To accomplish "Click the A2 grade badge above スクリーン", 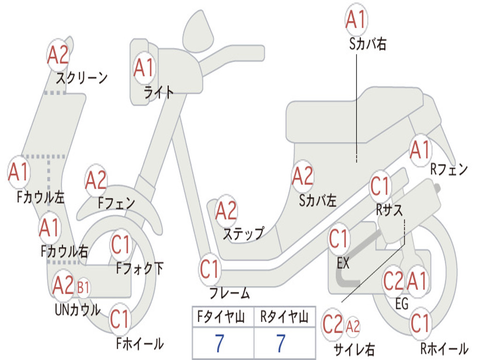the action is pyautogui.click(x=58, y=55).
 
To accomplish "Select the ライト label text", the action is pyautogui.click(x=158, y=92).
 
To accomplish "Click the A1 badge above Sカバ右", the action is pyautogui.click(x=356, y=20).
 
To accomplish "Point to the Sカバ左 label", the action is pyautogui.click(x=318, y=201).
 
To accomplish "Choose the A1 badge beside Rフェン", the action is pyautogui.click(x=421, y=150).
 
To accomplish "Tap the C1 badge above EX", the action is pyautogui.click(x=339, y=239).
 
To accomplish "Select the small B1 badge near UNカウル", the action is pyautogui.click(x=83, y=287).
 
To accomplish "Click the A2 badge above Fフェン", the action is pyautogui.click(x=96, y=180).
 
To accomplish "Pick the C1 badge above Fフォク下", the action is pyautogui.click(x=121, y=245).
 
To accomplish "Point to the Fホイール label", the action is pyautogui.click(x=140, y=344).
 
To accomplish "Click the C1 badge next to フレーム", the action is pyautogui.click(x=210, y=270).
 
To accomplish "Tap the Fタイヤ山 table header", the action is pyautogui.click(x=221, y=316).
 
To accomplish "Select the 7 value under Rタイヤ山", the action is pyautogui.click(x=281, y=343).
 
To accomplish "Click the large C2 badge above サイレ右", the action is pyautogui.click(x=333, y=324).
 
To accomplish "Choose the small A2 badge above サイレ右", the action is pyautogui.click(x=352, y=326).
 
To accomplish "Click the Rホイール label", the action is pyautogui.click(x=444, y=348).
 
